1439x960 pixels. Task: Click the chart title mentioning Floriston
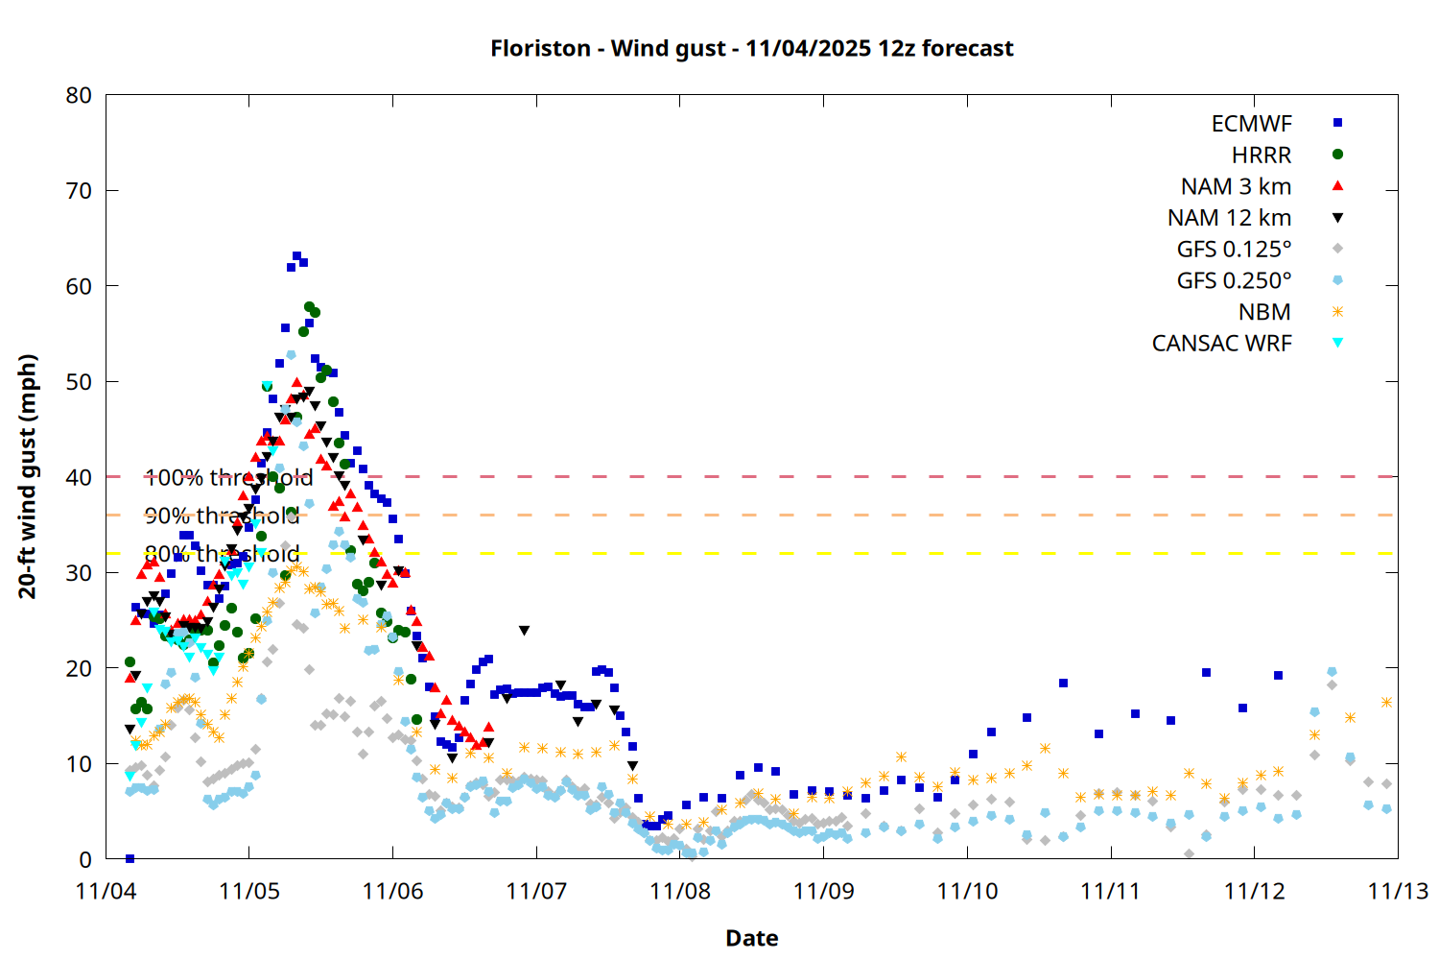click(x=751, y=48)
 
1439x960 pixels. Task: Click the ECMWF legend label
click(x=1251, y=124)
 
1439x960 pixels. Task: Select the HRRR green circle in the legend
click(x=1337, y=155)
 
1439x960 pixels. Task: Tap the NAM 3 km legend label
click(x=1236, y=186)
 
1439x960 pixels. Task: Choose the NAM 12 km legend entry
click(x=1229, y=218)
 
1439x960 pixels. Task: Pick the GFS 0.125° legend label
click(x=1234, y=250)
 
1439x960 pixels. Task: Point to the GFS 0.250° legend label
click(x=1234, y=280)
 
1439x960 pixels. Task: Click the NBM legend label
click(x=1264, y=312)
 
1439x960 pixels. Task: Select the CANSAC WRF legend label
click(x=1221, y=344)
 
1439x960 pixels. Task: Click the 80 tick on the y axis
click(x=80, y=95)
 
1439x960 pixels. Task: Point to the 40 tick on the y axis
click(x=80, y=477)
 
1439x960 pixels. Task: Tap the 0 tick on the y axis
click(x=86, y=859)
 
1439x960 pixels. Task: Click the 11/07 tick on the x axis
click(x=536, y=891)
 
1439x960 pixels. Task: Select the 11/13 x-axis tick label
click(x=1397, y=891)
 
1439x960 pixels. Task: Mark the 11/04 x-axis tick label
click(x=106, y=891)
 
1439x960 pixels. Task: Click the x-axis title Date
click(x=751, y=938)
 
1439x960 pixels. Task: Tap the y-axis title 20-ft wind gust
click(x=28, y=476)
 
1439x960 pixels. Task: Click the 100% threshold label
click(x=228, y=477)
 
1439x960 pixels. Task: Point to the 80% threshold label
click(x=222, y=554)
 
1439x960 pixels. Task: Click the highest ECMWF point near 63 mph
click(x=296, y=256)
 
